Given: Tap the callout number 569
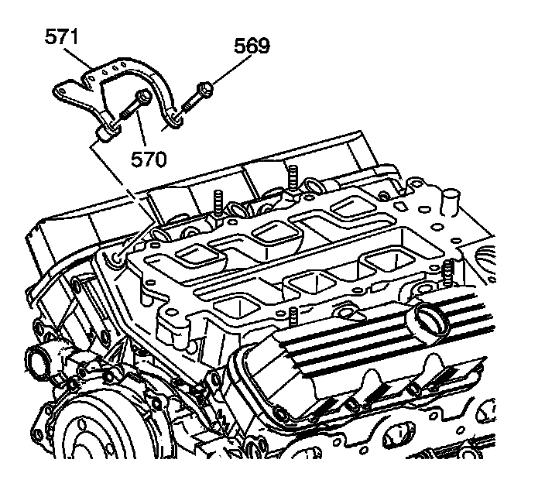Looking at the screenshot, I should pyautogui.click(x=252, y=46).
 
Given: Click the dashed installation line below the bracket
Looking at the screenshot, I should pyautogui.click(x=116, y=178).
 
